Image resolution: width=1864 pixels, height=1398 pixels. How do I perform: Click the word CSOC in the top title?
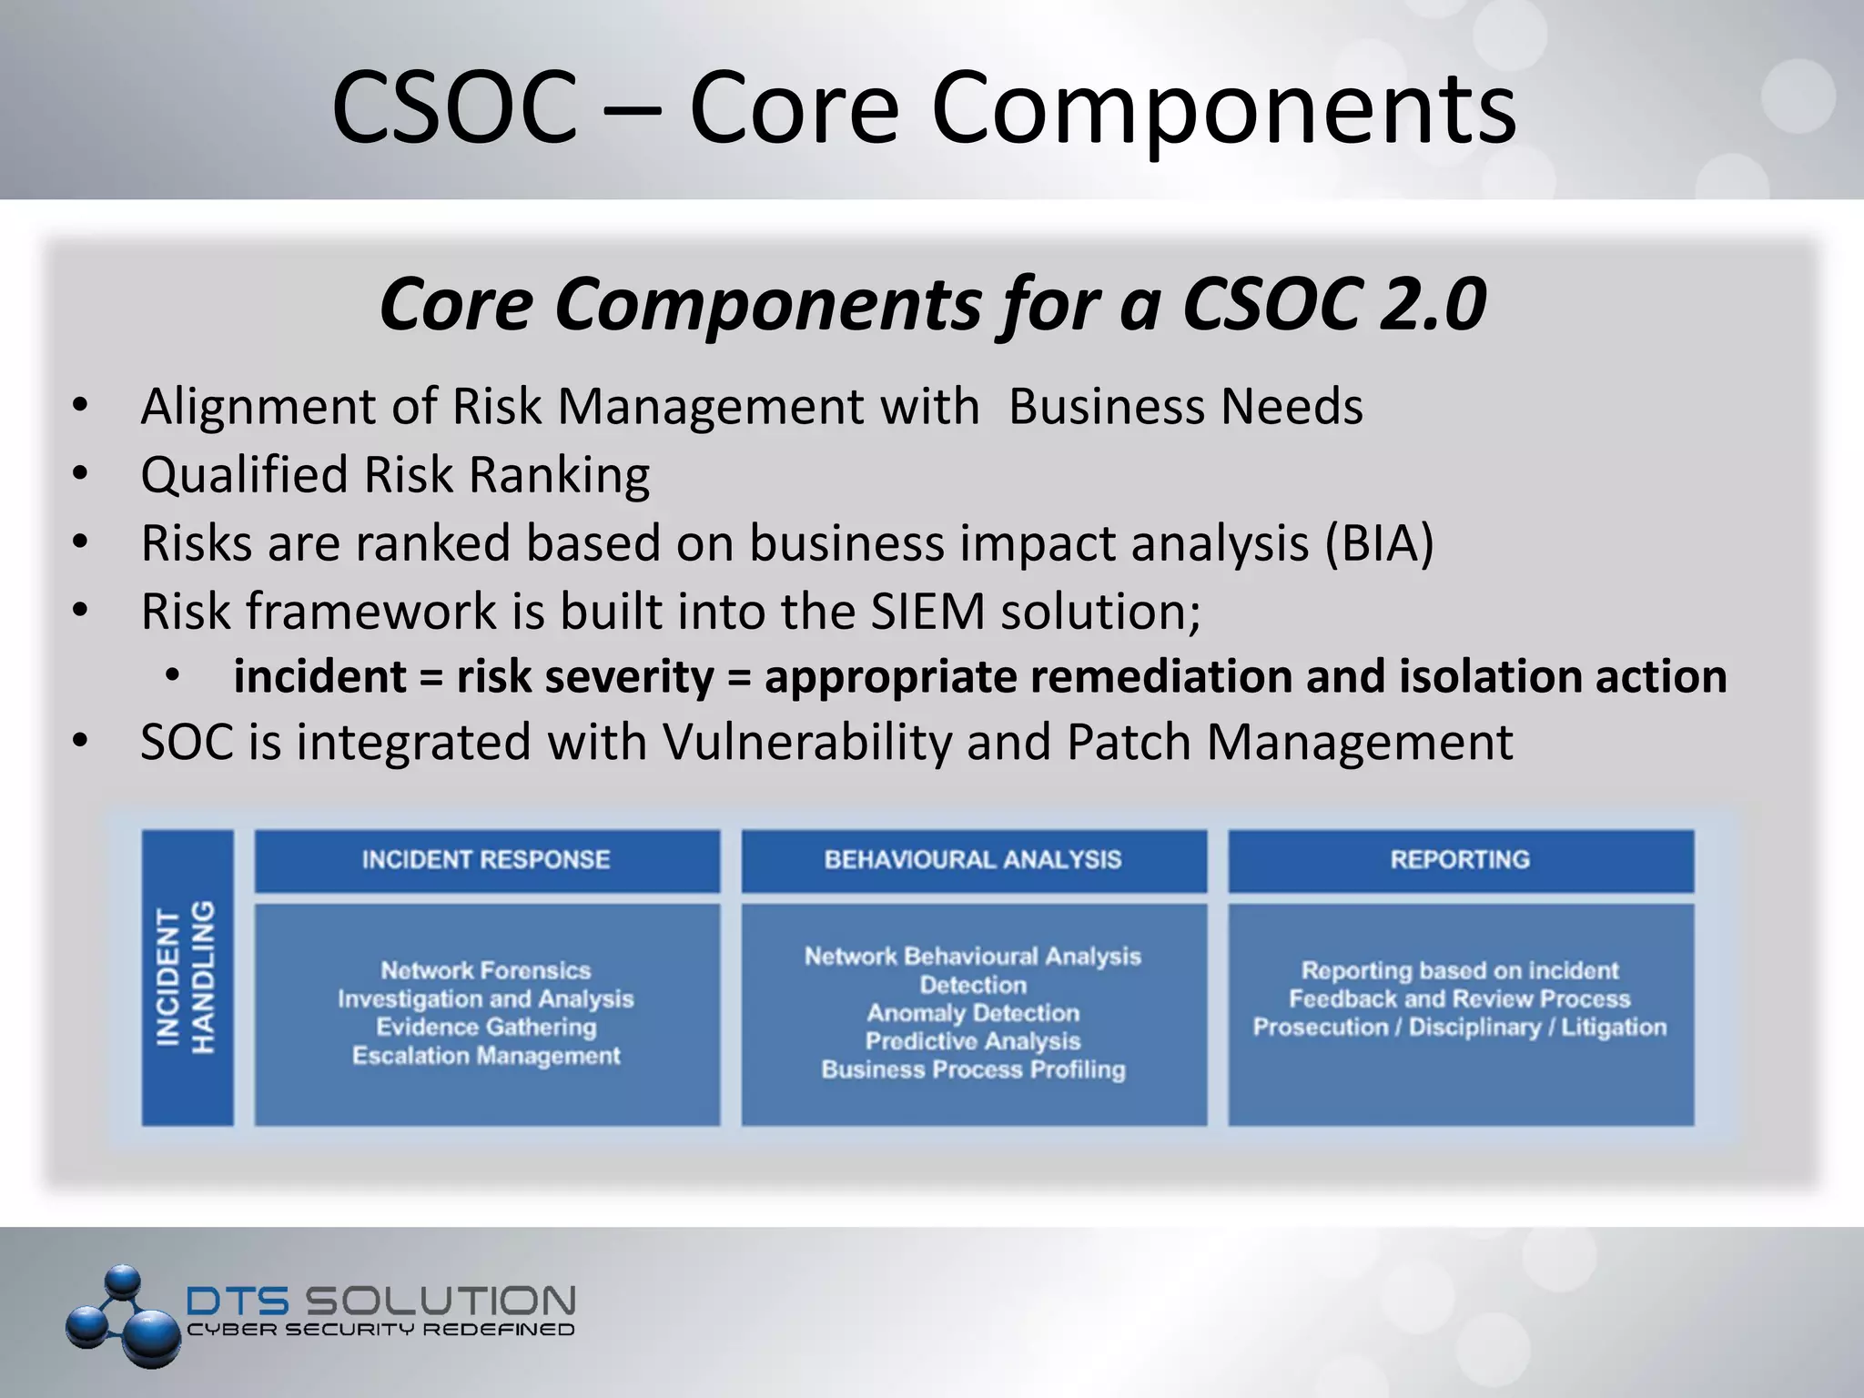(x=454, y=107)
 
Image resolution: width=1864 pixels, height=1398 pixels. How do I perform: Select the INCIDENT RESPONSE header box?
(x=486, y=860)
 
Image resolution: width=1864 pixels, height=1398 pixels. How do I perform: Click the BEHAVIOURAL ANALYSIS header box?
(x=973, y=860)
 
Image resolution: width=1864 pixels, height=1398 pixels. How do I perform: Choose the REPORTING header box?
(x=1460, y=860)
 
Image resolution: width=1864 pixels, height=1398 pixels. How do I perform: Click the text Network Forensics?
(x=485, y=970)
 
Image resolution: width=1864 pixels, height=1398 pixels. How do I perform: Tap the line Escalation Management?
(x=486, y=1056)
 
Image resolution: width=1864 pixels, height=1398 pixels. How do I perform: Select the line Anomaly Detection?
(x=973, y=1013)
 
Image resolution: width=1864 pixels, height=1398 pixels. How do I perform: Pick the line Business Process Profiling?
(x=973, y=1069)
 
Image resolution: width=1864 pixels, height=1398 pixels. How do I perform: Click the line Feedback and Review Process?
(x=1459, y=998)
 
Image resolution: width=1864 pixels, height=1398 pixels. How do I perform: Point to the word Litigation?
(x=1614, y=1028)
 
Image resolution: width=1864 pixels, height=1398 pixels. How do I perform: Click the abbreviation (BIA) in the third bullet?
(x=1378, y=543)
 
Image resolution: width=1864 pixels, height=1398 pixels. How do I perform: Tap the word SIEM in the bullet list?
(x=927, y=612)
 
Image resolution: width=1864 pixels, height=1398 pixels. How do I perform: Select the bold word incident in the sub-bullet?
(x=319, y=677)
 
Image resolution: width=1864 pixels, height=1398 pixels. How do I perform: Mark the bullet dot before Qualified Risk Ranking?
(x=80, y=474)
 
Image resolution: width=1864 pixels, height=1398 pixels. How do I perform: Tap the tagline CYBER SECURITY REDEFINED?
(x=380, y=1330)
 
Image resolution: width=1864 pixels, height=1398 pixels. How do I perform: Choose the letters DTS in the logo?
(x=238, y=1301)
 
